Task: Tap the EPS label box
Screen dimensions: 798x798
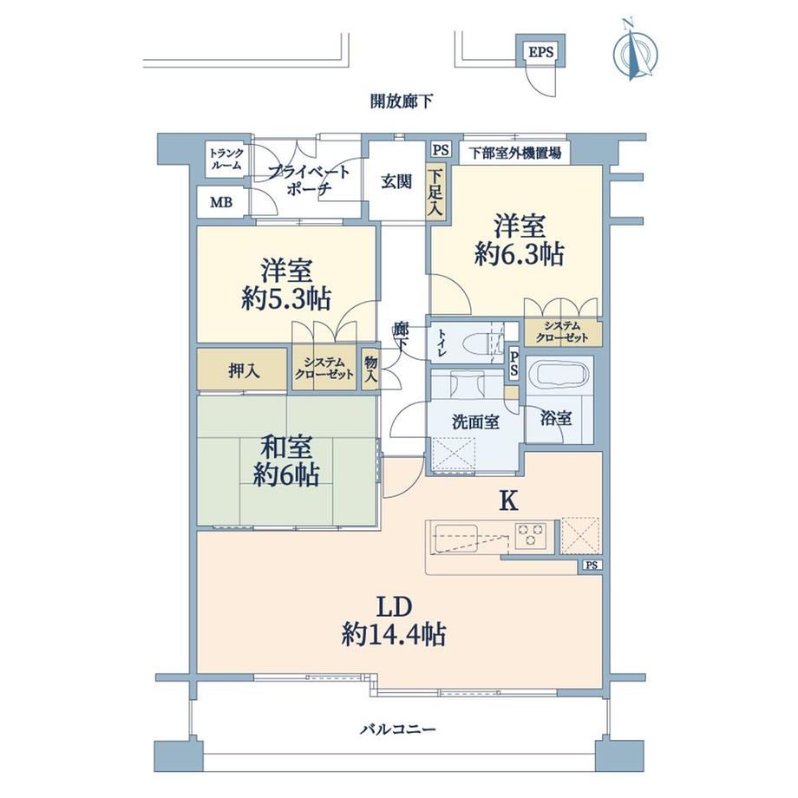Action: click(x=540, y=51)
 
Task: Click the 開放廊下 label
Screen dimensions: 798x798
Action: click(x=402, y=101)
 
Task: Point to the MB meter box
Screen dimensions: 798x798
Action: click(x=222, y=203)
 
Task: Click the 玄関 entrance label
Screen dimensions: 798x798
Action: click(x=396, y=181)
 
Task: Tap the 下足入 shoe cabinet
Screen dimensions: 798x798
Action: click(x=435, y=193)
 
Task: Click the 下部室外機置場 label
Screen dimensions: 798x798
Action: click(x=515, y=153)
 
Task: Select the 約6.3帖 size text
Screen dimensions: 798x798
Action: click(x=519, y=253)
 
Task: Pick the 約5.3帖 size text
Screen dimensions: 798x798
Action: click(x=286, y=298)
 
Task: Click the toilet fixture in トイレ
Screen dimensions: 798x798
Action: click(x=480, y=342)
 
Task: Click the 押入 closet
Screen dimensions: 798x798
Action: click(x=242, y=370)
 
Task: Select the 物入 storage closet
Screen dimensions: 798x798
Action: click(x=370, y=369)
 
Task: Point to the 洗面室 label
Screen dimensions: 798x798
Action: click(x=475, y=422)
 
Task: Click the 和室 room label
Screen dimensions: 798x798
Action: click(x=286, y=447)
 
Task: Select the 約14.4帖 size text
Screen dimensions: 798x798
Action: click(x=394, y=635)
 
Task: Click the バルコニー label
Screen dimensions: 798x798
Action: click(x=398, y=729)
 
